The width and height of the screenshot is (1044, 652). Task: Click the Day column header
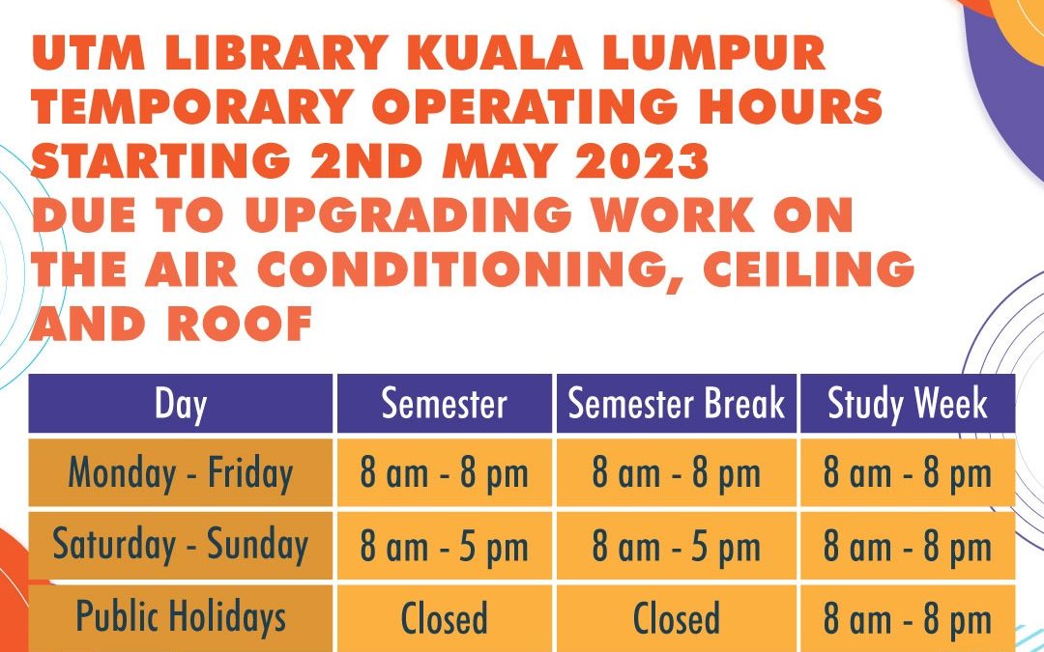pos(181,404)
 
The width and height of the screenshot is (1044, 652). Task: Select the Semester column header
pos(444,404)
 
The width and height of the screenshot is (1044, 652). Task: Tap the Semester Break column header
pos(676,404)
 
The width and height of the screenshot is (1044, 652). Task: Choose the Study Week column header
pos(907,404)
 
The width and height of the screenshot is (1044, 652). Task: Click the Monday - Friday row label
pos(181,473)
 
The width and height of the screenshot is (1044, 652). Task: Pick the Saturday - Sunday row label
pos(181,545)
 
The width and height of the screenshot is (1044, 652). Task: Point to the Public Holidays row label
pos(181,617)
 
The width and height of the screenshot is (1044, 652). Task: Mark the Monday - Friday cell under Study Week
pos(907,474)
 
